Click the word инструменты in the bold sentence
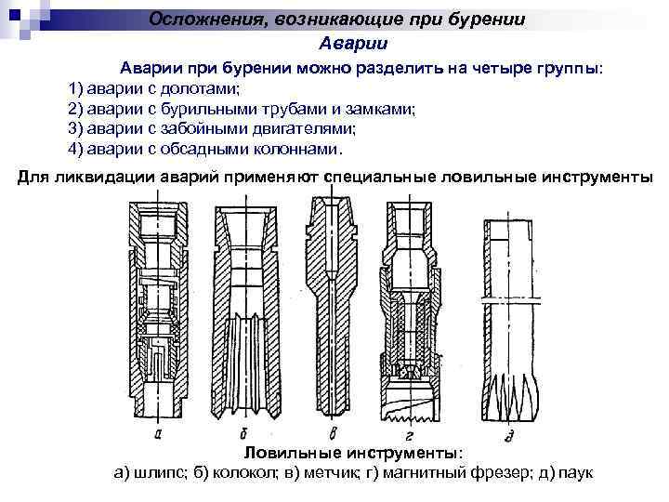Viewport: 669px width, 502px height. coord(600,177)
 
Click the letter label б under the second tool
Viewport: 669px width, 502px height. coord(243,432)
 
